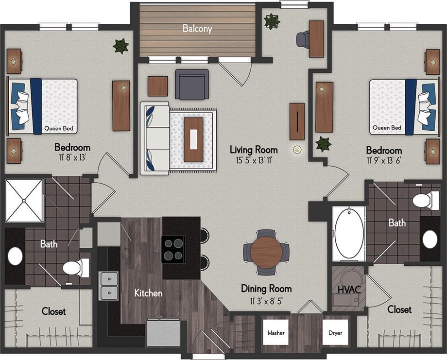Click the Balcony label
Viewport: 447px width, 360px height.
197,29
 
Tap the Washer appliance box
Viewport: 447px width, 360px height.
275,333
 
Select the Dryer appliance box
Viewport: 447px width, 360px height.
335,333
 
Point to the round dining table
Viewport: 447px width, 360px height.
266,252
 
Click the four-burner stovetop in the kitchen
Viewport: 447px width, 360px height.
173,249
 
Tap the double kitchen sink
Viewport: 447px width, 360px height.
109,286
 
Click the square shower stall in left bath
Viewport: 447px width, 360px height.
24,201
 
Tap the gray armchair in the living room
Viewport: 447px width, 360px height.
192,84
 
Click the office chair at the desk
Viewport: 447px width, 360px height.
303,39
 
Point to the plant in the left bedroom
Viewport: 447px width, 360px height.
120,46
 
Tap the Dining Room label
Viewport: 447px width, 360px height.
266,289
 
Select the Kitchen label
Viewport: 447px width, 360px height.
148,293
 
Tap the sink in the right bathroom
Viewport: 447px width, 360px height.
430,239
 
